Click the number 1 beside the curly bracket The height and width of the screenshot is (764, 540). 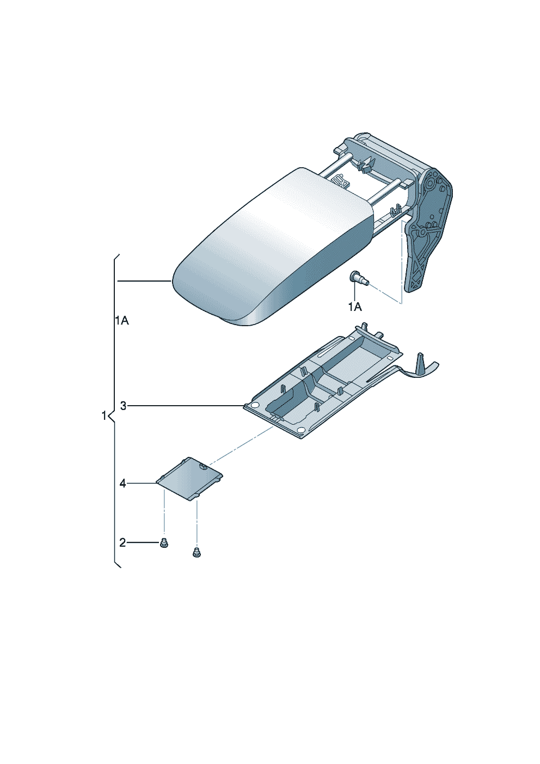pos(104,416)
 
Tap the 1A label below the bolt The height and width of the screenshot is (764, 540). pos(354,307)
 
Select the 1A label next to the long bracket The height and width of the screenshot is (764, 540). pos(122,321)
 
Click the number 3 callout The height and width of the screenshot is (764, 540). pos(123,406)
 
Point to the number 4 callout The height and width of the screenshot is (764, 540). pos(122,484)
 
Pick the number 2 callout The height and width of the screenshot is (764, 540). pos(122,542)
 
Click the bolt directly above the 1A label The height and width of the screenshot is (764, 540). pos(359,280)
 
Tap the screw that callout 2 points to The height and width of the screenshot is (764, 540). pos(164,543)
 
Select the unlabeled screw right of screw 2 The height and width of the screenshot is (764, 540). pos(197,563)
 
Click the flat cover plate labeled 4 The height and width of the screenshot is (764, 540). pos(189,479)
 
